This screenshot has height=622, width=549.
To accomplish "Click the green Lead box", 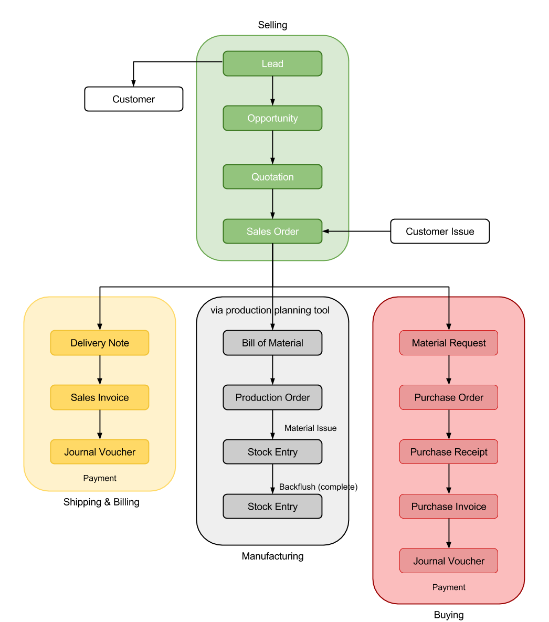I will (272, 64).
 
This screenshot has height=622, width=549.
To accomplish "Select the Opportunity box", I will (272, 118).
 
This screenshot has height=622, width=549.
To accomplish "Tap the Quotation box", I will (272, 177).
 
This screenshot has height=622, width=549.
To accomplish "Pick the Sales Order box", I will (272, 231).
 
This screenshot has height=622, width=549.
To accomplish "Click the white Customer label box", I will (133, 99).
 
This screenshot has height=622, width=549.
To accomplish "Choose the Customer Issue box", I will (440, 231).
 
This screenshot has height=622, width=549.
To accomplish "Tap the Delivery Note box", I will (100, 343).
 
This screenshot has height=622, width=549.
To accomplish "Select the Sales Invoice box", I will (100, 397).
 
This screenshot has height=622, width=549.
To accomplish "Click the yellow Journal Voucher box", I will (100, 452).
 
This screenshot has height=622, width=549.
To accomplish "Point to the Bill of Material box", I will (272, 343).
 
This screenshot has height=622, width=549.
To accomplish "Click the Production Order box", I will (272, 397).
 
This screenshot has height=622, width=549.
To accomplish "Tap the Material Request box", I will (449, 343).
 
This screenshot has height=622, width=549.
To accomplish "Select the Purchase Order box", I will (449, 397).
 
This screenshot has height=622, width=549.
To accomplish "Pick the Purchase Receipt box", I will (449, 452).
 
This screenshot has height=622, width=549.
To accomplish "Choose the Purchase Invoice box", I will (449, 507).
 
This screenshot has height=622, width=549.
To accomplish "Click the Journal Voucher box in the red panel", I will (449, 561).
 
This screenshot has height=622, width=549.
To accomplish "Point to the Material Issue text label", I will (310, 428).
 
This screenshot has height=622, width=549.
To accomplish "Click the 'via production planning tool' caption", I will (270, 310).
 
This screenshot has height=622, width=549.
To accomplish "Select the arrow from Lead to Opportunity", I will (272, 91).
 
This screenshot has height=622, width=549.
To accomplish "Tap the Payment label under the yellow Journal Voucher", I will (100, 478).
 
